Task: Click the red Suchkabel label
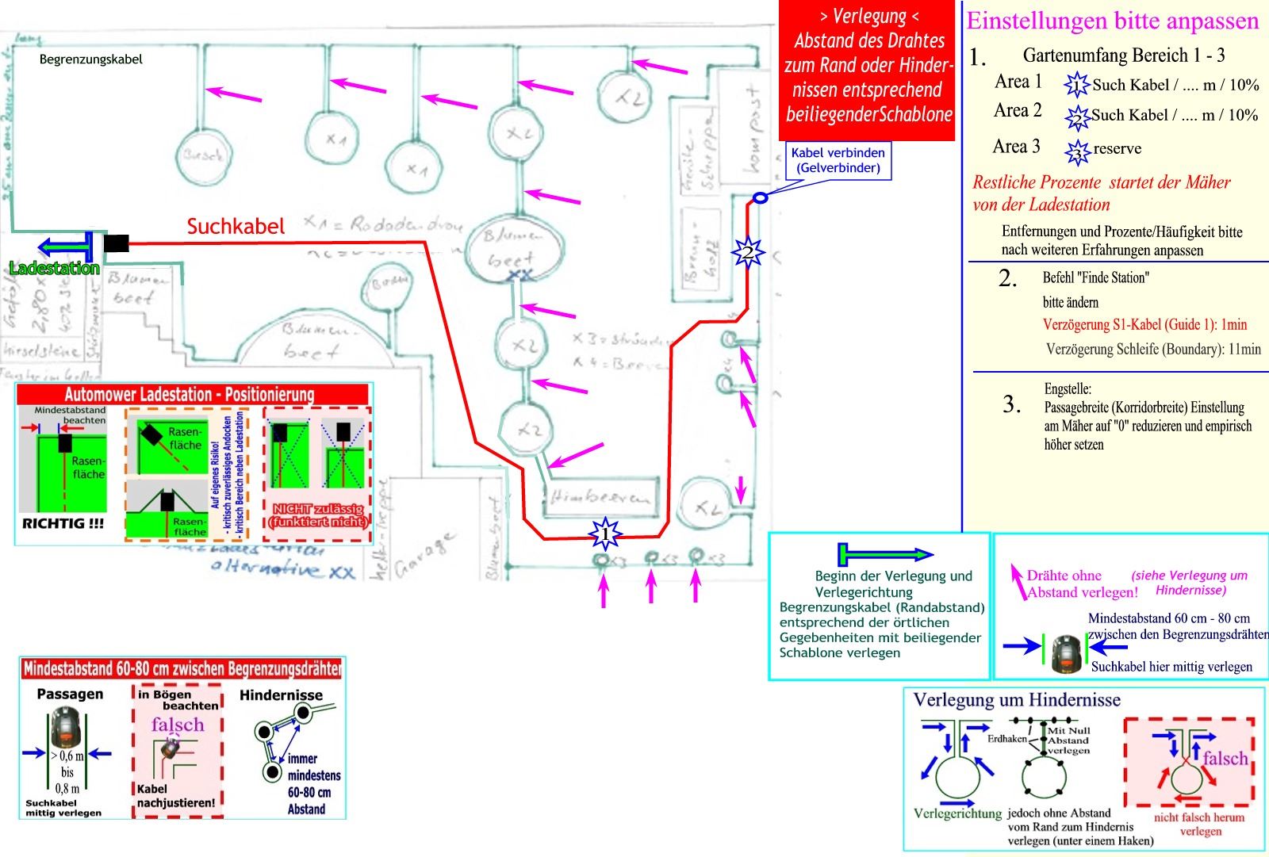click(x=236, y=227)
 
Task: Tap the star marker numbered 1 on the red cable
click(x=605, y=534)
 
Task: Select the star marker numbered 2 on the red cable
click(x=747, y=254)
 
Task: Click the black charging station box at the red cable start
click(x=116, y=243)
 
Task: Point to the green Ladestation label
click(x=54, y=268)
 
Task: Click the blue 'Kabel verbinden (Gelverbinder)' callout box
click(x=838, y=160)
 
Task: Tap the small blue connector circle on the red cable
click(x=759, y=197)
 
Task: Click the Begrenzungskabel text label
click(x=91, y=59)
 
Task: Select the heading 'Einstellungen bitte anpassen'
click(x=1113, y=21)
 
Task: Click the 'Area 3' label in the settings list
click(x=1016, y=147)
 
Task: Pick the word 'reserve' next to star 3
click(x=1117, y=148)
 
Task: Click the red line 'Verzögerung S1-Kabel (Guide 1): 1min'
click(x=1144, y=324)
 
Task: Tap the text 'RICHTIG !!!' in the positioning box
click(x=63, y=524)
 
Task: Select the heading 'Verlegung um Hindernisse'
click(x=1017, y=700)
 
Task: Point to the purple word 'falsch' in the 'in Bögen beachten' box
click(x=178, y=725)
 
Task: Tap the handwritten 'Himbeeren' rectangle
click(x=600, y=497)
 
